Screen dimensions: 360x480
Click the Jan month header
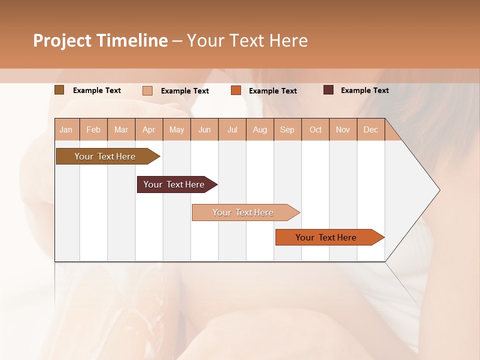click(66, 129)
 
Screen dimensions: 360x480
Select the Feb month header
click(93, 129)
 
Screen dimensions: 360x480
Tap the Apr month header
click(149, 129)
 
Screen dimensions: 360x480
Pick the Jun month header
click(204, 129)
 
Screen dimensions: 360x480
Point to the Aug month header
click(260, 129)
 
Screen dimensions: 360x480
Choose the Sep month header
click(287, 129)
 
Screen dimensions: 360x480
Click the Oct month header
click(315, 129)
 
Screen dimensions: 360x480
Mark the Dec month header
click(371, 129)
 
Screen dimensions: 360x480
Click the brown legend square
click(59, 90)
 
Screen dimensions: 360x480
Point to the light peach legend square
click(147, 90)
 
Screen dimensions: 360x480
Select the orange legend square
click(236, 90)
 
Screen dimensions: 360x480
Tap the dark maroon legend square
click(328, 90)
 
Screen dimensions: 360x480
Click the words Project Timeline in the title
click(100, 40)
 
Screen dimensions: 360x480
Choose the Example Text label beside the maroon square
click(365, 90)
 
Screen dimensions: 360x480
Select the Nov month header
click(343, 129)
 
